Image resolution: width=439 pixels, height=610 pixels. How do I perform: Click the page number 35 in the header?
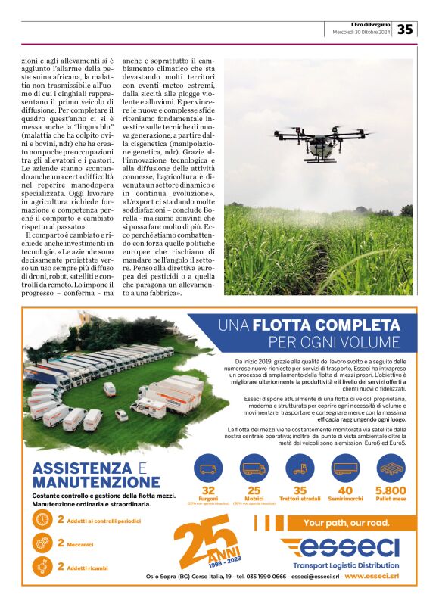coord(406,29)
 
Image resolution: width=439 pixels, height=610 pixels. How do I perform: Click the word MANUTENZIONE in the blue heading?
coord(96,482)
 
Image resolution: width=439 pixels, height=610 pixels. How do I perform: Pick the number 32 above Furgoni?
coord(208,490)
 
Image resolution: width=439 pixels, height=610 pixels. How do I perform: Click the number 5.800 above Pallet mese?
coord(391,490)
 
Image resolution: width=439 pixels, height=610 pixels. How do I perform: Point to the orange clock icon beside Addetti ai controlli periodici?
coord(42,519)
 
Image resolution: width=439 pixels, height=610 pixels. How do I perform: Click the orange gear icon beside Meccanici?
coord(42,543)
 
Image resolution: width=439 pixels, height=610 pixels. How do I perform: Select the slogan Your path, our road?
coord(346,523)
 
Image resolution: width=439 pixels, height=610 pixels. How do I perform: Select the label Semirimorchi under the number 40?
coord(346,500)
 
